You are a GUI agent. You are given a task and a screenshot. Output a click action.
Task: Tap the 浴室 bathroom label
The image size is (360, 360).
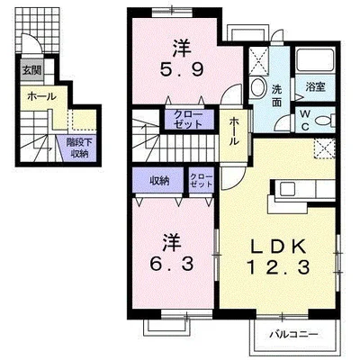click(315, 87)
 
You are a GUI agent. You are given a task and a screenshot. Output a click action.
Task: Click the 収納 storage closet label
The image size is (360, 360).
click(159, 179)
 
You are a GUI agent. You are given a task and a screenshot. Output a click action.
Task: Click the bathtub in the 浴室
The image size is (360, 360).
click(314, 63)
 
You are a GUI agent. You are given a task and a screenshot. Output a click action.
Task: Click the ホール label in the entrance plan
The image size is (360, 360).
click(41, 96)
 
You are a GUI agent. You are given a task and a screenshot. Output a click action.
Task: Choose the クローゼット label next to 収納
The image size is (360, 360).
click(201, 179)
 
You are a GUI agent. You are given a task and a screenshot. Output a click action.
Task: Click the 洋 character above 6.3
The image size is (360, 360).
click(168, 240)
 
